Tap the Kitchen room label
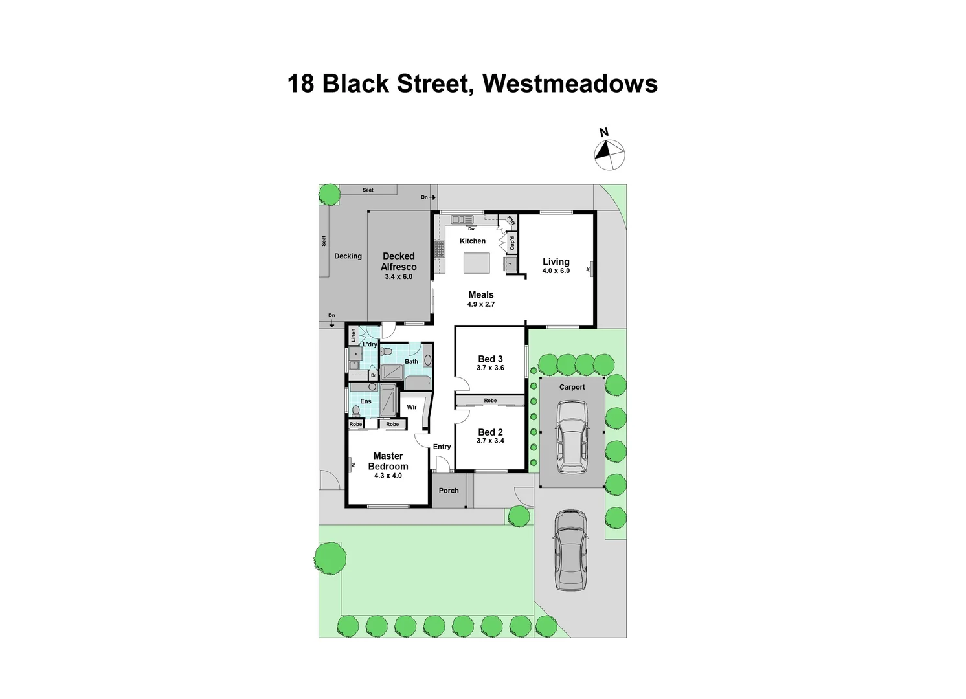coord(473,241)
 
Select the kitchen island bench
coord(477,264)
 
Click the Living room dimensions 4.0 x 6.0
coord(556,271)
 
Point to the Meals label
coord(481,294)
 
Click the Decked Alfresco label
coord(399,261)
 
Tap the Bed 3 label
coord(490,359)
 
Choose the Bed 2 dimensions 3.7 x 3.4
coord(490,441)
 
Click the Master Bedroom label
coord(388,461)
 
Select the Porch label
coord(449,491)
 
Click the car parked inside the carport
coord(572,436)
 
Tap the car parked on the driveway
coord(570,549)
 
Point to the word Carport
coord(572,387)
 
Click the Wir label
coord(412,408)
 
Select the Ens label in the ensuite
coord(366,401)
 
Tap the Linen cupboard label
coord(354,335)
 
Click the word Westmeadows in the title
coord(570,83)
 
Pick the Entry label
coord(442,447)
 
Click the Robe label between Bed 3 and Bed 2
coord(490,401)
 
